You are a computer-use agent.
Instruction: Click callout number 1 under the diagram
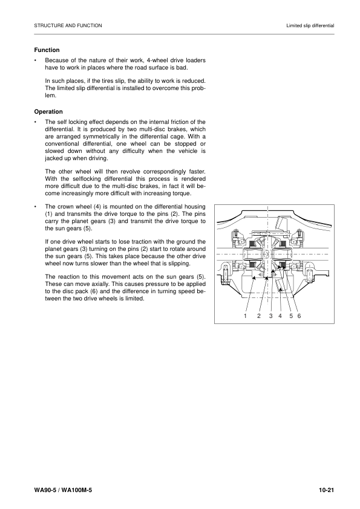(x=246, y=316)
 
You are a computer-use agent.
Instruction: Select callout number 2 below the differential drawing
(x=259, y=316)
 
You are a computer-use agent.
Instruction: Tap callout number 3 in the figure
(x=271, y=316)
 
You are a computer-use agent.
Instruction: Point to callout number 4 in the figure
(x=280, y=316)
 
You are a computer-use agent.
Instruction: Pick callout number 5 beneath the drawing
(x=291, y=316)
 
